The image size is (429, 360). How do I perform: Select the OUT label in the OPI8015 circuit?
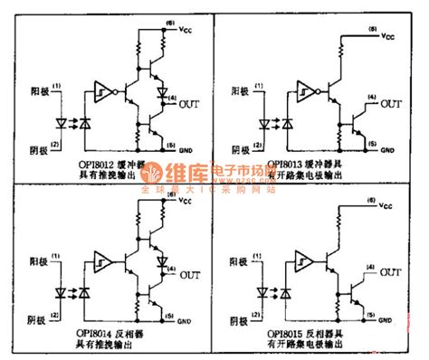[x=392, y=271]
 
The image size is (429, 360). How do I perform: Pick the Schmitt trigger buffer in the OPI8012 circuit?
[x=101, y=90]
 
